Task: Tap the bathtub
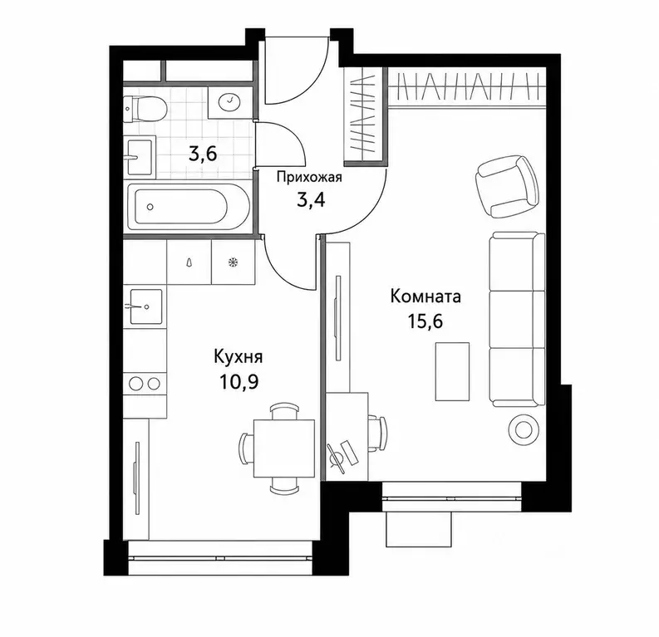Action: pos(189,207)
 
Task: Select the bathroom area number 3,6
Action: pos(203,154)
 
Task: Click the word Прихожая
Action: pos(309,178)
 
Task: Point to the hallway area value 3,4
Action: pos(311,200)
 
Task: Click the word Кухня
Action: pos(239,358)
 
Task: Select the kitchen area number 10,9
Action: pos(239,382)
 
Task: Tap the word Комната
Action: pos(425,296)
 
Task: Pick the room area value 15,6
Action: pos(425,321)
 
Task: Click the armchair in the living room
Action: pos(507,185)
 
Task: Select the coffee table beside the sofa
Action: pos(452,371)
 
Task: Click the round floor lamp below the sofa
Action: pos(523,429)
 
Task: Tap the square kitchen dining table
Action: pos(284,448)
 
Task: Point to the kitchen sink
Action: pos(145,306)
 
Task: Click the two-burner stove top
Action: pos(145,384)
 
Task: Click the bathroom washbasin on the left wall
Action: pos(139,157)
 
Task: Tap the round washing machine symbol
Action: pos(229,100)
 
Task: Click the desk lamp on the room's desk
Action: pos(337,456)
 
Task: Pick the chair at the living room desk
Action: pos(377,434)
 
